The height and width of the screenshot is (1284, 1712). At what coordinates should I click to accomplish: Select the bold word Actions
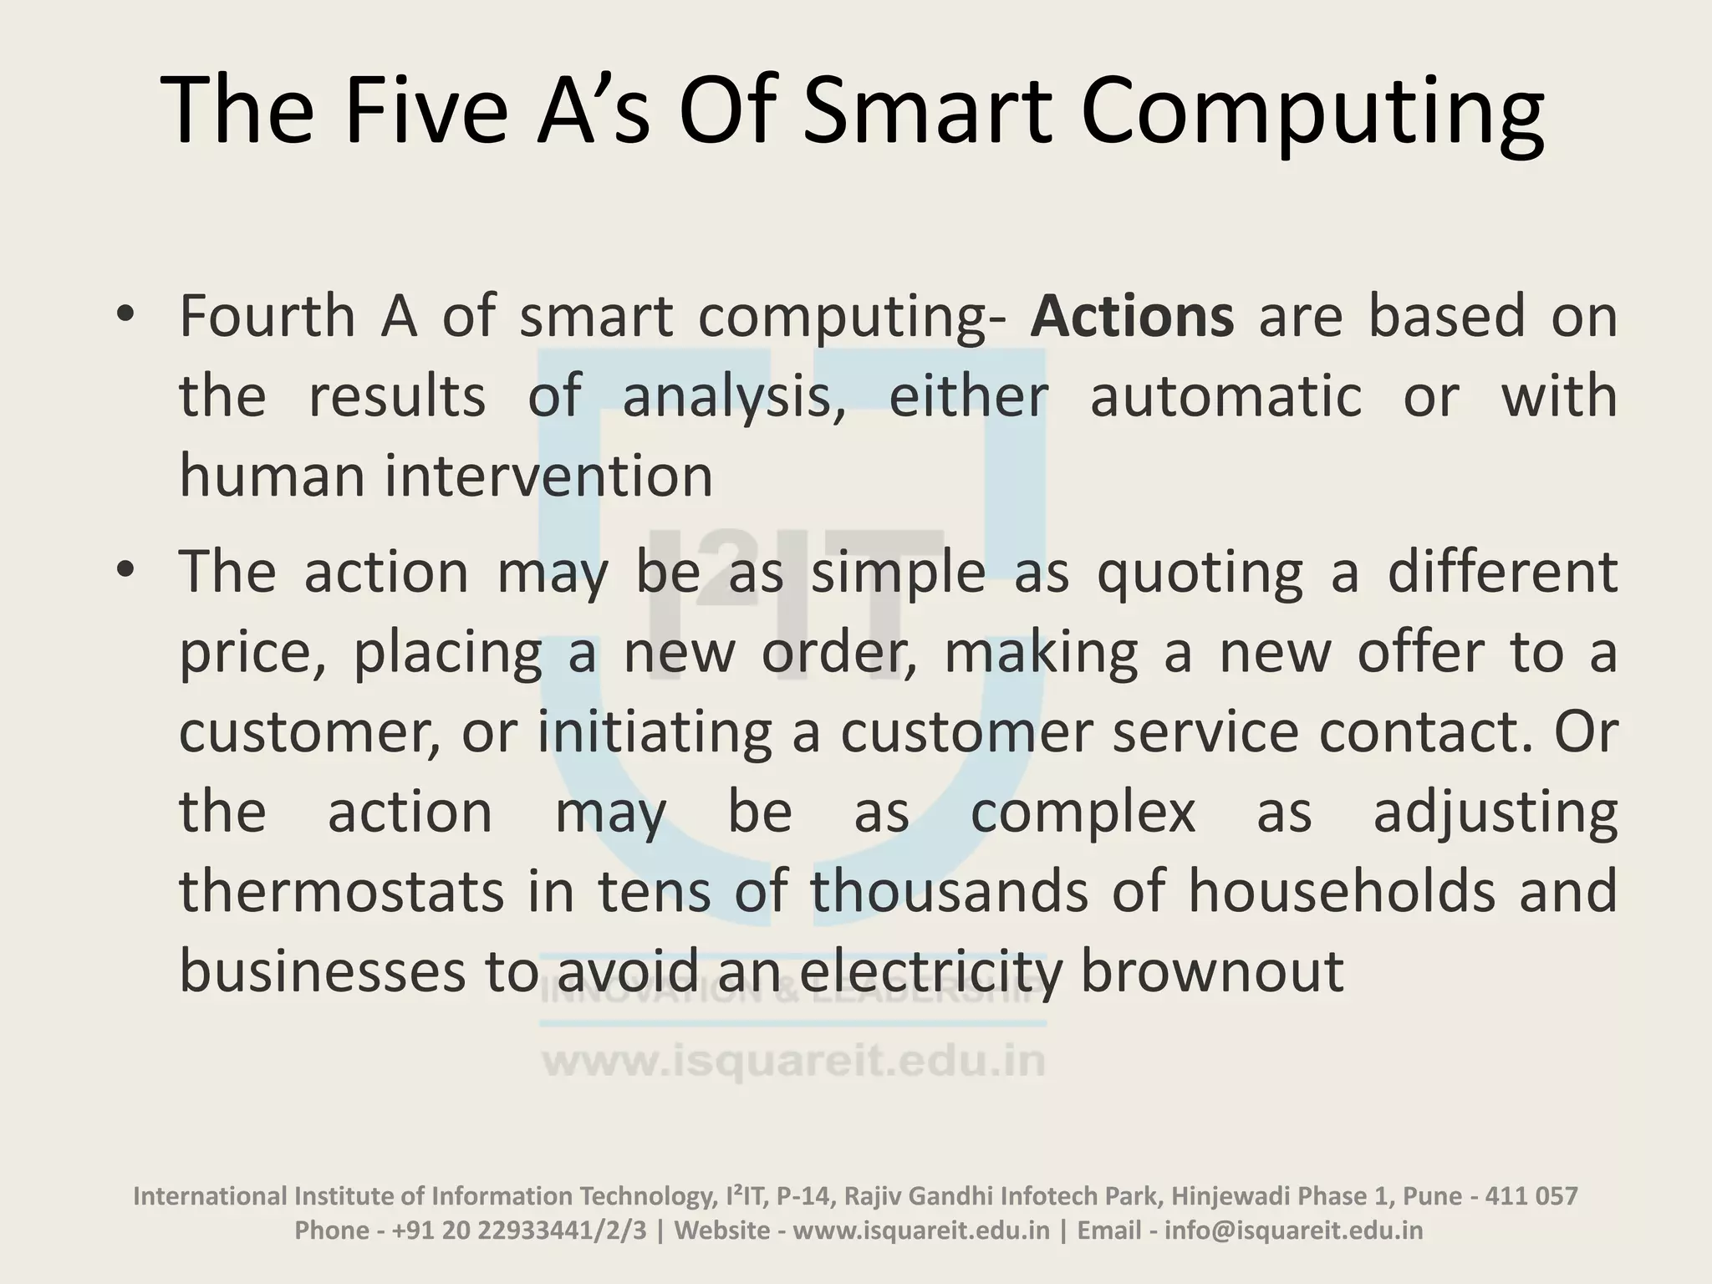click(x=1132, y=317)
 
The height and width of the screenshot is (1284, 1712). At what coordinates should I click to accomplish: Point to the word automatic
click(x=1225, y=396)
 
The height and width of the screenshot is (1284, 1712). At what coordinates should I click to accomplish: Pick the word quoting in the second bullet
click(x=1200, y=573)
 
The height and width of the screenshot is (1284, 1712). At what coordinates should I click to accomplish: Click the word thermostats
click(x=342, y=891)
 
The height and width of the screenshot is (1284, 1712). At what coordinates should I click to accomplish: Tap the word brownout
click(x=1212, y=971)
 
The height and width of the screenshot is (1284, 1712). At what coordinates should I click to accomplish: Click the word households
click(x=1342, y=891)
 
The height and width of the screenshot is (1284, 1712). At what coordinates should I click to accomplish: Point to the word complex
click(x=1083, y=813)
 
